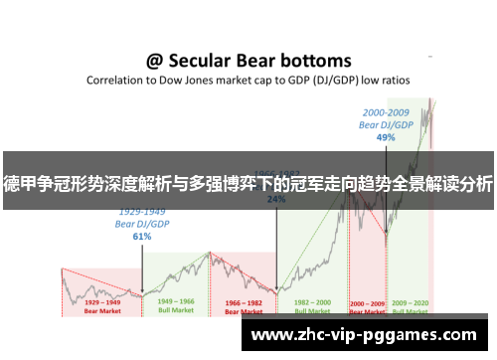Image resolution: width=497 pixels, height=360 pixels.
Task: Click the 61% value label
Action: tap(141, 237)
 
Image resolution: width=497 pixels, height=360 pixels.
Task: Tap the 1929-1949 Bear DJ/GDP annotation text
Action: tap(141, 220)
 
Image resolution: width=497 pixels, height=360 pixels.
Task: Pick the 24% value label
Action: tap(276, 198)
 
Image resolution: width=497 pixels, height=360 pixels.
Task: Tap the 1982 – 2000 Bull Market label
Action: tap(310, 306)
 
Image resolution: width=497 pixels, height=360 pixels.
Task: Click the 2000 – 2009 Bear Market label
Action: tap(366, 306)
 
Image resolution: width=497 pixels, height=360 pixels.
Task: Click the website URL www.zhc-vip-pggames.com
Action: tap(364, 335)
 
